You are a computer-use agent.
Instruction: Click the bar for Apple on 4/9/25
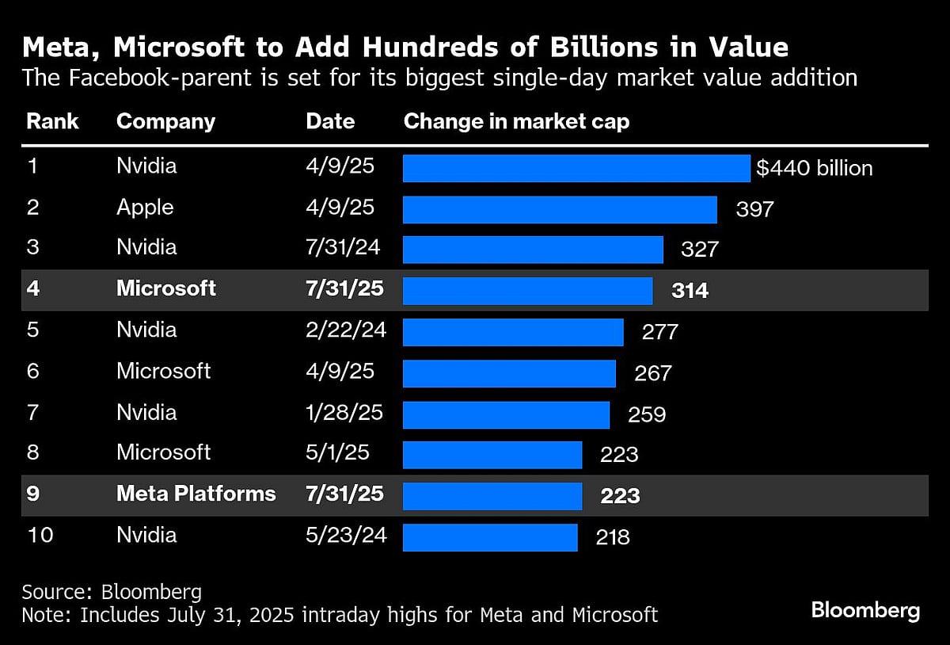tap(560, 209)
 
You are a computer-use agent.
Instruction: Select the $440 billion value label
tap(814, 168)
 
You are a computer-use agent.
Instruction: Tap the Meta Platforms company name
tap(196, 494)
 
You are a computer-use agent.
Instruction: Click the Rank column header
tap(52, 121)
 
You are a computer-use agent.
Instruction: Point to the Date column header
tap(330, 121)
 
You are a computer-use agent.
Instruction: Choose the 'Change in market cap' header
tap(516, 121)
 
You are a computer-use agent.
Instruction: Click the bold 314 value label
tap(690, 290)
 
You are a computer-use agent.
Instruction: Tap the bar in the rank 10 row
tap(490, 537)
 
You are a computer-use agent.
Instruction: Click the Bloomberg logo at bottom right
tap(865, 610)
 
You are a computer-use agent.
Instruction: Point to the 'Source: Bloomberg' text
tap(112, 591)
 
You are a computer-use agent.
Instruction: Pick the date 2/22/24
tap(346, 330)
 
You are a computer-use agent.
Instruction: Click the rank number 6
tap(33, 371)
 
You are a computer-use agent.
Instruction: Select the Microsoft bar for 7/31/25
tap(527, 291)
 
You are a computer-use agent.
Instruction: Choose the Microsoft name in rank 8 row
tap(163, 452)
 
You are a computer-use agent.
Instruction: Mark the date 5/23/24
tap(346, 535)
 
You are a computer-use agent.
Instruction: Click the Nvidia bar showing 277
tap(513, 332)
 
